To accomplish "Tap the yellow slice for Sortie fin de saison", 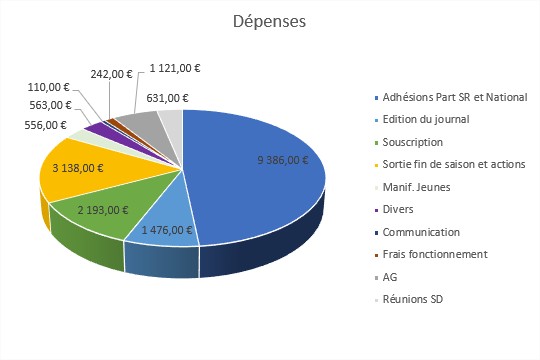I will coord(80,180).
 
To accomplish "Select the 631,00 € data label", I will coord(167,97).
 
